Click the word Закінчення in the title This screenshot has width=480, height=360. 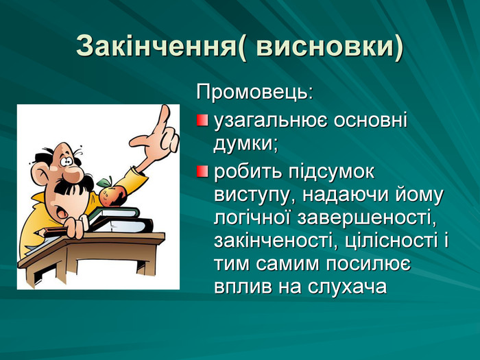click(156, 46)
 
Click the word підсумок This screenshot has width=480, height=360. click(331, 173)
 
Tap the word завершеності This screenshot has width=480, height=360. click(366, 219)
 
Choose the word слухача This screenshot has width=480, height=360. click(347, 287)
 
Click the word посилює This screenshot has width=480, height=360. click(368, 265)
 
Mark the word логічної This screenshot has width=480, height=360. click(252, 219)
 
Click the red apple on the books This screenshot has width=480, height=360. click(112, 193)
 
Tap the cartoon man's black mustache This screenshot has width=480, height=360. click(74, 187)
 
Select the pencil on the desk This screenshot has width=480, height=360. click(51, 232)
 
